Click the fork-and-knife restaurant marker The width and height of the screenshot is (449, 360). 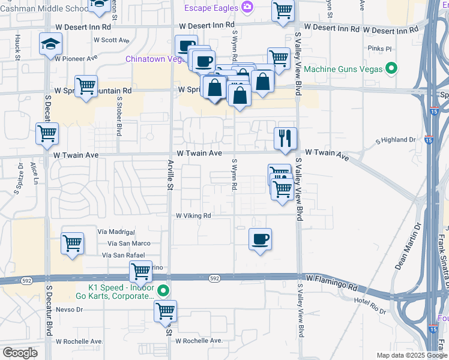pos(286,139)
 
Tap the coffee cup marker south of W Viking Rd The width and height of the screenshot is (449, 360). pos(260,239)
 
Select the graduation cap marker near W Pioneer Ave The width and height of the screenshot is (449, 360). pos(50,44)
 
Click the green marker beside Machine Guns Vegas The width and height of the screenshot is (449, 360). pos(391,69)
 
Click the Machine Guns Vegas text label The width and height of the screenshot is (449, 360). pos(343,69)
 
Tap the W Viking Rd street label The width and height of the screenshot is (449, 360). pos(193,215)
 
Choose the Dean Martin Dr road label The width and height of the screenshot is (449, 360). pos(400,245)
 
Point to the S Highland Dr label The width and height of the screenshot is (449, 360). pos(395,140)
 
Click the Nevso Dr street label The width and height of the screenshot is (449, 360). pos(68,310)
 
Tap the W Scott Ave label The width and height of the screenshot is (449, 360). pos(111,40)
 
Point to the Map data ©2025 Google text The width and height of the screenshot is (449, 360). pos(411,355)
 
